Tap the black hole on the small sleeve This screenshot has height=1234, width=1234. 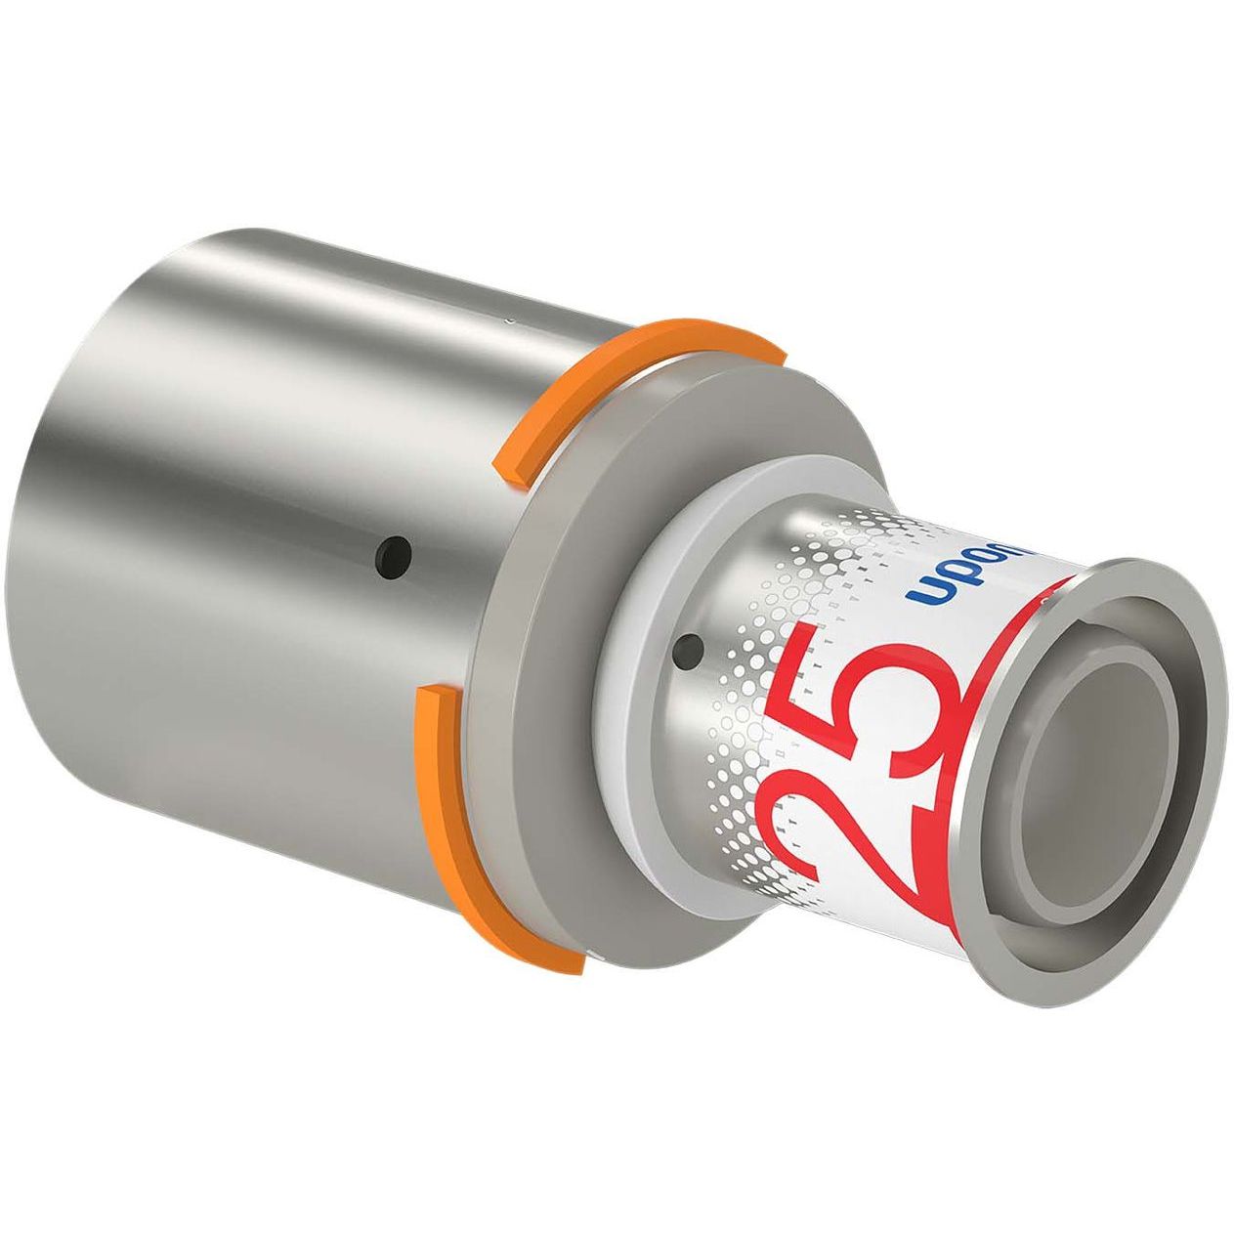692,645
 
